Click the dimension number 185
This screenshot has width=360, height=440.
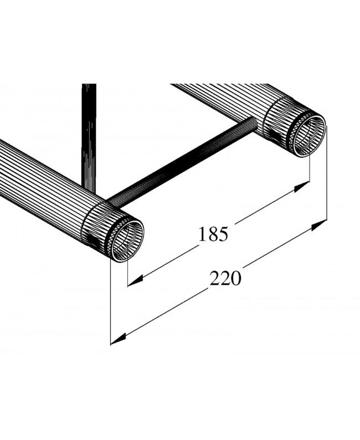click(x=214, y=234)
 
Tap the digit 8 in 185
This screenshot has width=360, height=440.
click(x=214, y=234)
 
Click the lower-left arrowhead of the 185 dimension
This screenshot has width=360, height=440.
click(x=135, y=281)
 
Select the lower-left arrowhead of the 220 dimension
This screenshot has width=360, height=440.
click(x=119, y=338)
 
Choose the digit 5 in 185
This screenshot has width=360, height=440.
click(x=223, y=234)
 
